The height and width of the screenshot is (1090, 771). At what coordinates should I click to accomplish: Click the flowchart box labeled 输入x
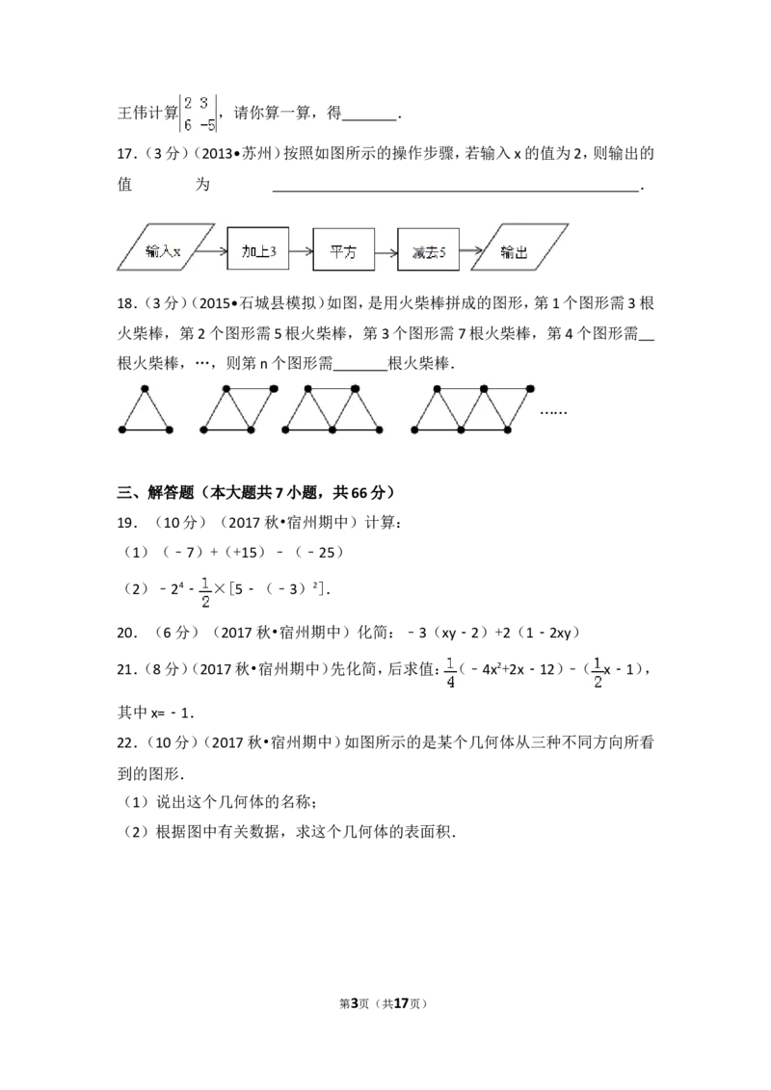(x=166, y=247)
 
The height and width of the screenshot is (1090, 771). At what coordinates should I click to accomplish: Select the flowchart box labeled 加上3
(x=258, y=248)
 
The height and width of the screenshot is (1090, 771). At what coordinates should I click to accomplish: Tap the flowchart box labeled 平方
(x=343, y=248)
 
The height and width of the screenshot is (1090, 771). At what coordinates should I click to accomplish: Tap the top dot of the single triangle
(x=146, y=389)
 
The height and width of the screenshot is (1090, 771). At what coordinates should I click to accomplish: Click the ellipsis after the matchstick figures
(x=553, y=411)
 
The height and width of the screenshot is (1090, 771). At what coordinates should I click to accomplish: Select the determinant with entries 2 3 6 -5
(x=199, y=114)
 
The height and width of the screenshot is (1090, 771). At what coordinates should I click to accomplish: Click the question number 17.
(x=126, y=154)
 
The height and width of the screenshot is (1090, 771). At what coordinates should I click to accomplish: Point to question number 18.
(x=126, y=303)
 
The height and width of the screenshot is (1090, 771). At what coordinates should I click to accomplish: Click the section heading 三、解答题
(x=155, y=492)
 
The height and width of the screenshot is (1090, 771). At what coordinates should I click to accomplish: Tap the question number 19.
(x=126, y=522)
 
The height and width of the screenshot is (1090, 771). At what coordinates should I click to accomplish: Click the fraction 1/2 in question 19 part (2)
(x=205, y=592)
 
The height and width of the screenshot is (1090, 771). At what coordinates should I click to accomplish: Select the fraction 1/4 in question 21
(x=450, y=672)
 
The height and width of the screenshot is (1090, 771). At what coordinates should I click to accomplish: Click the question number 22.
(x=126, y=742)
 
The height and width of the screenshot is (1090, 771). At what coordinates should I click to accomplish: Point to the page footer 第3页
(x=354, y=1003)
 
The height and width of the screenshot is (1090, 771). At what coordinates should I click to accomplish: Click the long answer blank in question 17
(x=456, y=189)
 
